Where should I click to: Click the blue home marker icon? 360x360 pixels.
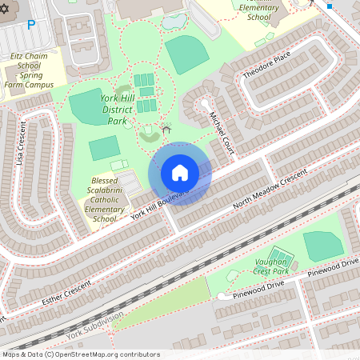180,173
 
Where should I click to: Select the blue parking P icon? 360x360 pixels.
31,25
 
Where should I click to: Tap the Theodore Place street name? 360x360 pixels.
267,66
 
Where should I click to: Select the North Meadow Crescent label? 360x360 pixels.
270,190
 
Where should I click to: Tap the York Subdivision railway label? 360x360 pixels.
96,326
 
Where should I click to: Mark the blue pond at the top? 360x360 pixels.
174,22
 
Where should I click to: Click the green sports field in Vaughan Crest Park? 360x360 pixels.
323,245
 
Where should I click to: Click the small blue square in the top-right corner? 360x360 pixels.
330,5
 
